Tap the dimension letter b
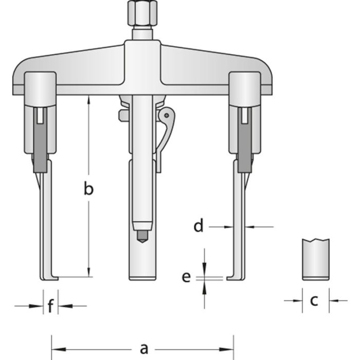click(89, 189)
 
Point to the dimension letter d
click(199, 226)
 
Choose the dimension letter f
click(50, 307)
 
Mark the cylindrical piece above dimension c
click(315, 259)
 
